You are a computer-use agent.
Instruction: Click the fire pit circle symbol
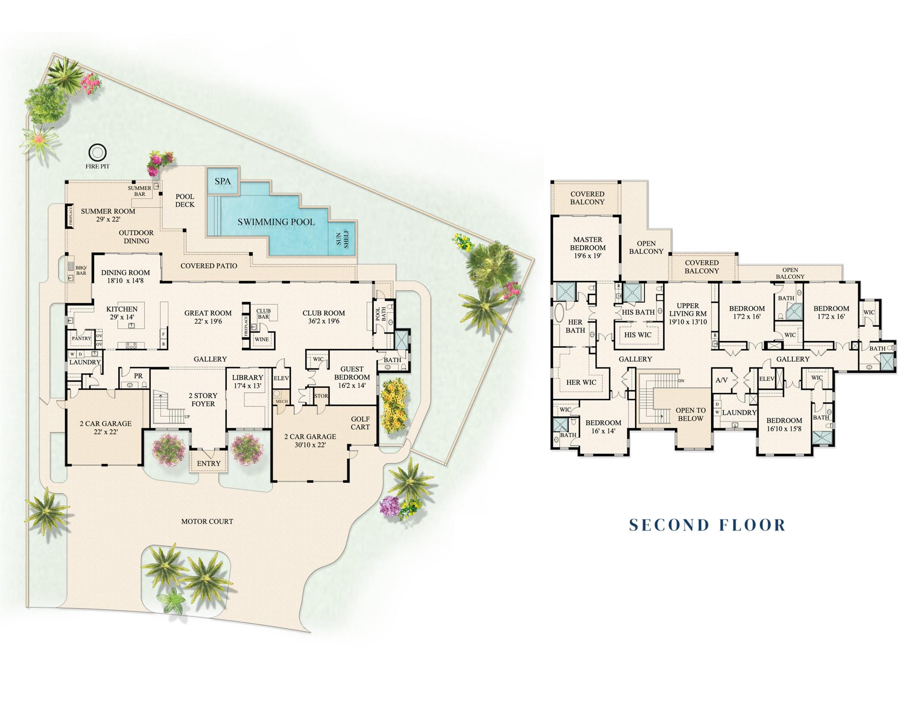pos(97,152)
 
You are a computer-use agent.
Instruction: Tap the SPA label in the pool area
pos(223,181)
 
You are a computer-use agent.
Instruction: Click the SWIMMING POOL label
pos(276,222)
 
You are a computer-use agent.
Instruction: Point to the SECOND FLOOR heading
pos(707,525)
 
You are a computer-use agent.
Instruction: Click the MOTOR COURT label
pos(207,521)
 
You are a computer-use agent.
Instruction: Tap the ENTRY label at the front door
pos(209,463)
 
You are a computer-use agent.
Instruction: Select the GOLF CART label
pos(360,423)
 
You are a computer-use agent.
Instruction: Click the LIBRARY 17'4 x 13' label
pos(247,381)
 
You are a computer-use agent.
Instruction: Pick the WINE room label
pos(262,339)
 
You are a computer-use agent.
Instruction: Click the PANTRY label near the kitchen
pos(81,338)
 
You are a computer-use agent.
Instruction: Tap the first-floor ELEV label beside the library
pos(281,378)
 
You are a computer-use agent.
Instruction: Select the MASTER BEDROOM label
pos(587,247)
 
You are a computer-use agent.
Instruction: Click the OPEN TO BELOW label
pos(690,414)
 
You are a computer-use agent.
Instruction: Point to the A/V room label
pos(721,380)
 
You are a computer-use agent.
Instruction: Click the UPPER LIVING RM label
pos(687,313)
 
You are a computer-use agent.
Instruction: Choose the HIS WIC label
pos(638,335)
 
